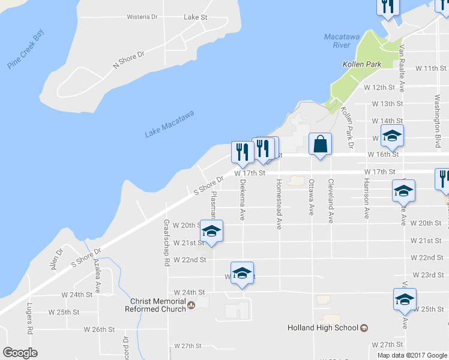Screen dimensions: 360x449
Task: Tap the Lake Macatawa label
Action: click(170, 124)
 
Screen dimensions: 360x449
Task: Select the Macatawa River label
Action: click(337, 41)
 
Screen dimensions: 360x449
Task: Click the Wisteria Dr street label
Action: click(142, 17)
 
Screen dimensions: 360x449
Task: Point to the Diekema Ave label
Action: click(243, 199)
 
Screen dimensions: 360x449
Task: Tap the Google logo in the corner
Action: click(20, 353)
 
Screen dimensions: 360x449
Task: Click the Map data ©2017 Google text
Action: click(412, 355)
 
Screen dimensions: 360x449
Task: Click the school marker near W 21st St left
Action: click(211, 232)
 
